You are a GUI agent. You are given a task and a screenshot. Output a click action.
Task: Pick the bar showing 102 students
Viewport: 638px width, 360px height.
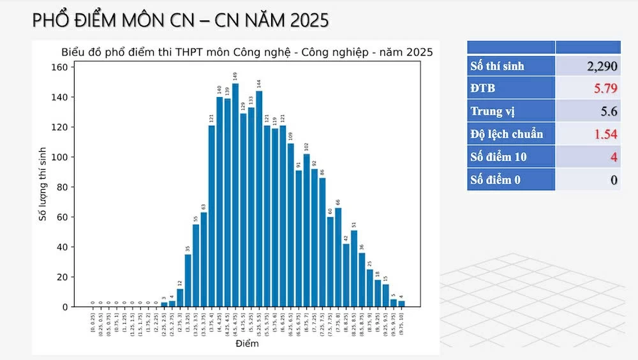(x=307, y=230)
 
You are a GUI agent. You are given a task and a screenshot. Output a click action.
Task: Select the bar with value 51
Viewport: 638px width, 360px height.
(x=354, y=268)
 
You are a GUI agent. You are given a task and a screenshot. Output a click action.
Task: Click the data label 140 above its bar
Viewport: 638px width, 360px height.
(x=219, y=90)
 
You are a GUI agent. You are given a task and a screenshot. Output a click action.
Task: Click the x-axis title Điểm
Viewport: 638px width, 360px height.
(x=247, y=344)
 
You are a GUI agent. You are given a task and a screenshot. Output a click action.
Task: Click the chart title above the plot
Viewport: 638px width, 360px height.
(x=247, y=52)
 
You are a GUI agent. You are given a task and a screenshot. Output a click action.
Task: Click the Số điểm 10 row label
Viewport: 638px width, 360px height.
(x=499, y=157)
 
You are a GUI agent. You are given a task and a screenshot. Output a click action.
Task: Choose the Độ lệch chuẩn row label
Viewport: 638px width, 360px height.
(x=507, y=134)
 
